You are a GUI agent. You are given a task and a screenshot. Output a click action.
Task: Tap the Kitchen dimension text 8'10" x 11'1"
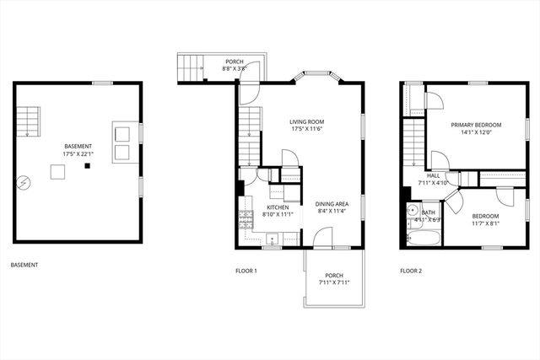click(x=278, y=215)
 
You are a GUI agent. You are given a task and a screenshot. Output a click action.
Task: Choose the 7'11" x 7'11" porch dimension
click(x=334, y=282)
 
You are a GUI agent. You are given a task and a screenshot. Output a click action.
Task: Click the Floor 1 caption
click(x=246, y=271)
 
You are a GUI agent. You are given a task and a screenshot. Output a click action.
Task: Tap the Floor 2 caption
click(x=410, y=271)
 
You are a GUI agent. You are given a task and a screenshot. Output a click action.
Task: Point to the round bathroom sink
click(x=412, y=212)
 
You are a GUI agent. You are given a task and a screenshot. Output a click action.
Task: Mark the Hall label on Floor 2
click(x=433, y=175)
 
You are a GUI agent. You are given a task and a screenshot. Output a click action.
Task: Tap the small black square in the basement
click(x=87, y=166)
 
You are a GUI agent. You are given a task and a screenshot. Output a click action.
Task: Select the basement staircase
click(x=30, y=122)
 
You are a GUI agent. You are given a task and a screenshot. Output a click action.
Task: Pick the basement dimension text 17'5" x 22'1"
click(x=78, y=154)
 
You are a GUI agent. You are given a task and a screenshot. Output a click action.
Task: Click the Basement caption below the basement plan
click(x=24, y=265)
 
